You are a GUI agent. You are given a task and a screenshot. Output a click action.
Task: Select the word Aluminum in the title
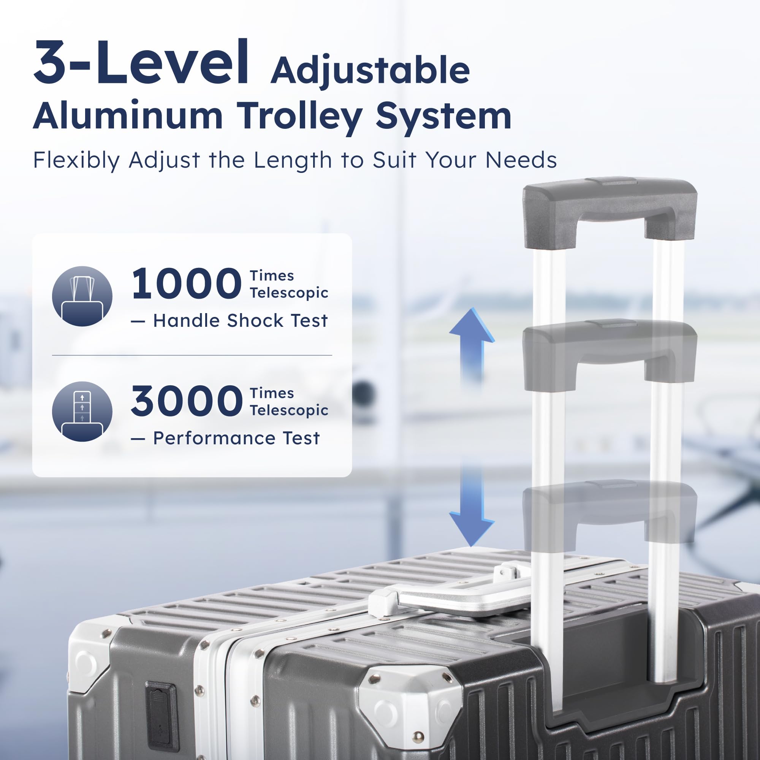128,116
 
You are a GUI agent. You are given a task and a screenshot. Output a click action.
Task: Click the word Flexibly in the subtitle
76,160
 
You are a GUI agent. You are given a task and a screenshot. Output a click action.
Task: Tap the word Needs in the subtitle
521,160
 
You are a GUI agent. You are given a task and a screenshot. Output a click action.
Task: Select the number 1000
186,283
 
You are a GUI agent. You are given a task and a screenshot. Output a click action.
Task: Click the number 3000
187,401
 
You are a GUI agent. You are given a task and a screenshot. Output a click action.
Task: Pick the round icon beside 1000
82,296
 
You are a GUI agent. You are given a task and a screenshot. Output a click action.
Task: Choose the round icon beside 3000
82,412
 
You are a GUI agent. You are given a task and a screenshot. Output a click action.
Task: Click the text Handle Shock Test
241,321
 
